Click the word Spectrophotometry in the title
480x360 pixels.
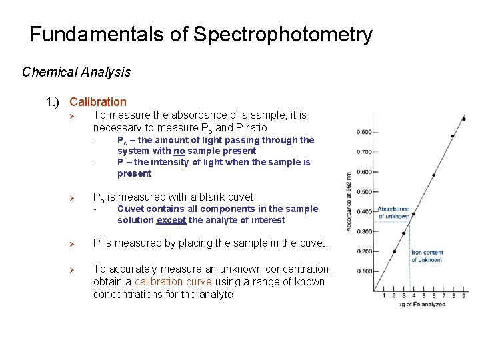point(283,35)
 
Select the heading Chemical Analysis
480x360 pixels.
point(76,72)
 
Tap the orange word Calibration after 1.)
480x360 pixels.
point(97,102)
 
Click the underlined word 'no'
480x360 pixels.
point(179,151)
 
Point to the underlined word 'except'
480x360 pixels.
point(171,220)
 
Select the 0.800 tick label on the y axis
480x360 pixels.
point(364,132)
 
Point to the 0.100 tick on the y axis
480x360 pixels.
point(364,271)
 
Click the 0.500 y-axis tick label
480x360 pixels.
point(364,192)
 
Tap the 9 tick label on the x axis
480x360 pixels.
point(463,296)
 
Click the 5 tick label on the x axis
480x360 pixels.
point(423,296)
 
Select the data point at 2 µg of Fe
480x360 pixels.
point(393,252)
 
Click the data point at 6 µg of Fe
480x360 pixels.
point(433,175)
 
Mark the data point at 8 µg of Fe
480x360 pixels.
point(453,136)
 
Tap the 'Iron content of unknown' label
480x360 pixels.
point(427,256)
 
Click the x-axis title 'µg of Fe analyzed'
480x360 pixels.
point(422,305)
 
